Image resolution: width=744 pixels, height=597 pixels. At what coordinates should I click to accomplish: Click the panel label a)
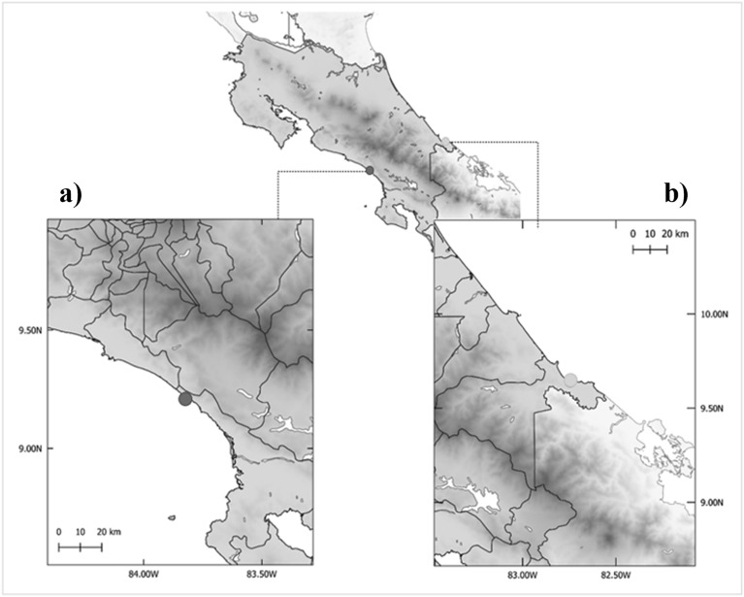[71, 194]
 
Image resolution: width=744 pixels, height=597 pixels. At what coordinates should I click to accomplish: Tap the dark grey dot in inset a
[185, 398]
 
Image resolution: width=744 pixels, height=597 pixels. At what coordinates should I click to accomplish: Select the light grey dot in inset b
[572, 379]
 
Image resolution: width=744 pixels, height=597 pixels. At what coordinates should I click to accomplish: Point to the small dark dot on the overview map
[369, 170]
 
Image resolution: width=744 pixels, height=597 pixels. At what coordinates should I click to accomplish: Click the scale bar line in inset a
[81, 547]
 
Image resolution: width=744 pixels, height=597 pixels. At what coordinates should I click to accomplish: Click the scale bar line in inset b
[650, 249]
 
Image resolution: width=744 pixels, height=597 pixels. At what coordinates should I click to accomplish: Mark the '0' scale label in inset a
[59, 532]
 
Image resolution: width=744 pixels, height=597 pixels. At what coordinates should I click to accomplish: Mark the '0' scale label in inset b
[632, 234]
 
